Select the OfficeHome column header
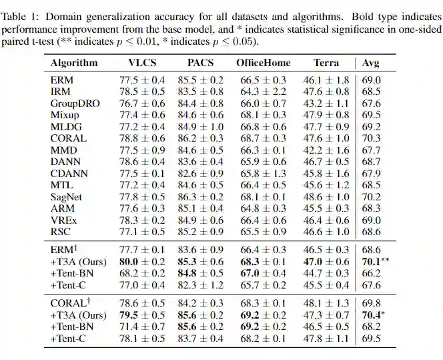click(264, 63)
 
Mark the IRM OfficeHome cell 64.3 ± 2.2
click(264, 92)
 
